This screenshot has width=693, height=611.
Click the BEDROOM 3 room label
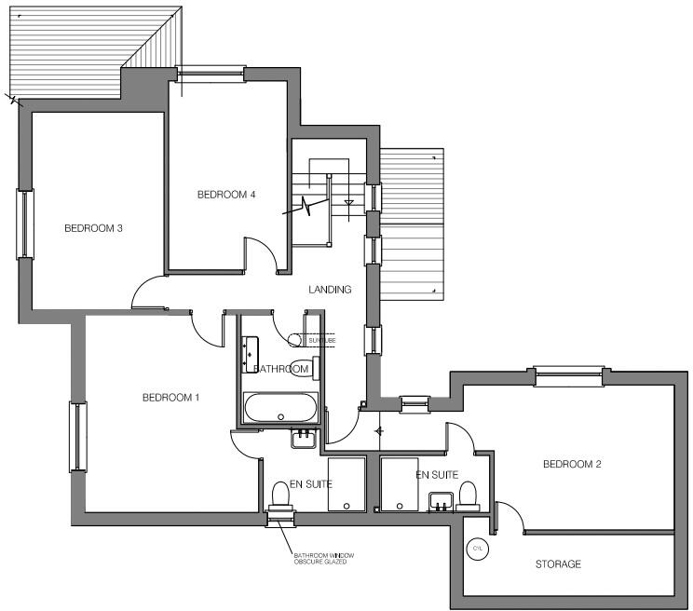94,228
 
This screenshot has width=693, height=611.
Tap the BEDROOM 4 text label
226,195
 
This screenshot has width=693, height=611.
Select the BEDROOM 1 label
171,398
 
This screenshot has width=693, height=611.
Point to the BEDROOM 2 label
573,464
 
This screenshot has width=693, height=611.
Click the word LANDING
331,290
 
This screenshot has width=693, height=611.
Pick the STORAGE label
559,564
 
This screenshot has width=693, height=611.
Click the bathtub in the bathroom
279,407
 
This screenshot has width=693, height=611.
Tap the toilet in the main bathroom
304,368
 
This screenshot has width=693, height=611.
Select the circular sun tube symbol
295,341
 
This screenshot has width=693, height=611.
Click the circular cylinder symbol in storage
478,549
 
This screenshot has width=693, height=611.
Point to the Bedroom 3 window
23,224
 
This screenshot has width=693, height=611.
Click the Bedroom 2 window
567,374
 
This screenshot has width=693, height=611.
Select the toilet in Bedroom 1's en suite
279,495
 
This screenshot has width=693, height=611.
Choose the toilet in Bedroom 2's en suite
469,493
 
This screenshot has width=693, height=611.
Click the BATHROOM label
281,370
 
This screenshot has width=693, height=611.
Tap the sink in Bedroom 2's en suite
440,504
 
